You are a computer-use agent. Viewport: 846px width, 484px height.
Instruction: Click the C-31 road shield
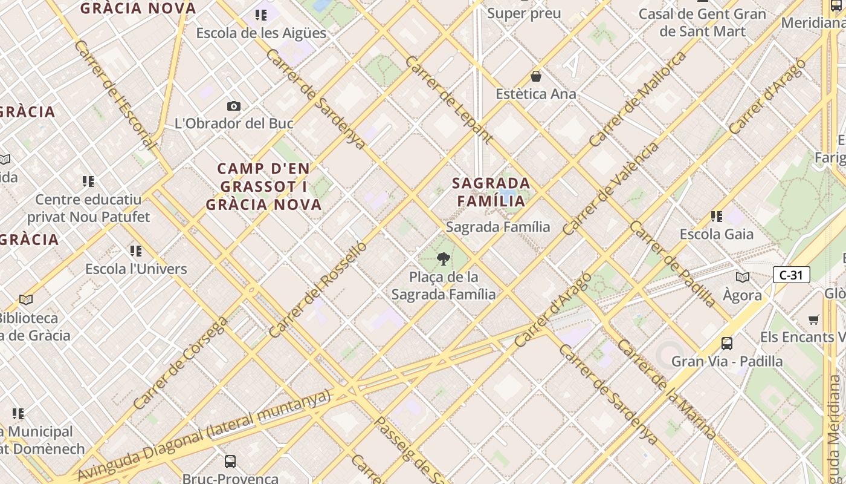(x=791, y=275)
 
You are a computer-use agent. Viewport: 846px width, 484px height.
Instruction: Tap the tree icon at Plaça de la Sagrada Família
(x=444, y=259)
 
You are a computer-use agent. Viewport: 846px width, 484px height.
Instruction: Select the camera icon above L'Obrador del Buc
(x=234, y=106)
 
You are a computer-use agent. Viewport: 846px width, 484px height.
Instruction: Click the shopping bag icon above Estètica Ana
(x=535, y=76)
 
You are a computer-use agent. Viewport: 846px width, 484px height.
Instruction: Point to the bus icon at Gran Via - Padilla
(x=727, y=344)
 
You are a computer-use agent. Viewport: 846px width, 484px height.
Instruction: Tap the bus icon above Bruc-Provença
(x=230, y=462)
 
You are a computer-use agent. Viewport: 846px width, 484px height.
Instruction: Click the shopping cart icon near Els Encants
(x=814, y=319)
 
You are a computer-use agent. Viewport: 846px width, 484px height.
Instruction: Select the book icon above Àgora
(x=743, y=277)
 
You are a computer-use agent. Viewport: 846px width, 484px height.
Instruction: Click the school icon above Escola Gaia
(x=717, y=216)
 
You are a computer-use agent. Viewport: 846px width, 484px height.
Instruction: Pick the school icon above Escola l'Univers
(x=136, y=250)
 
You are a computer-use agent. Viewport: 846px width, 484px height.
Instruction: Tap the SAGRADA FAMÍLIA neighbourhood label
(x=491, y=191)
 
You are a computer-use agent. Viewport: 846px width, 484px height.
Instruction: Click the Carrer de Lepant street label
(x=449, y=100)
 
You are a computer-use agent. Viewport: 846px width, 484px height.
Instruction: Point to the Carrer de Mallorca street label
(x=638, y=99)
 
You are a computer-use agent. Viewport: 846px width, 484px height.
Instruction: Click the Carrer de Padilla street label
(x=673, y=264)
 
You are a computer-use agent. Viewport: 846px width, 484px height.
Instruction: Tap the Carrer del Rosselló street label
(x=318, y=290)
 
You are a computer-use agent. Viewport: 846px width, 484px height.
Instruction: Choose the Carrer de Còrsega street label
(x=180, y=363)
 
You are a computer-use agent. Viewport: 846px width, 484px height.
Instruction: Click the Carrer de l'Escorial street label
(x=115, y=95)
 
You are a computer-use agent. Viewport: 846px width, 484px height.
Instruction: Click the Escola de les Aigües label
(x=261, y=33)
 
